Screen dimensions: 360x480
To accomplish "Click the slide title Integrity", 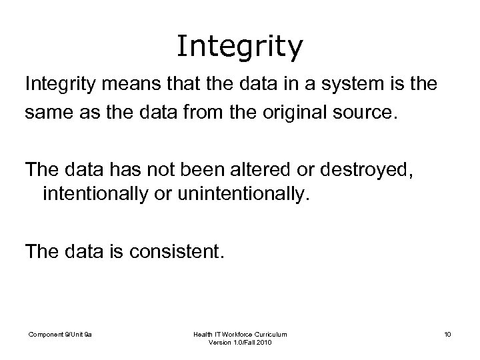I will [240, 47].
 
